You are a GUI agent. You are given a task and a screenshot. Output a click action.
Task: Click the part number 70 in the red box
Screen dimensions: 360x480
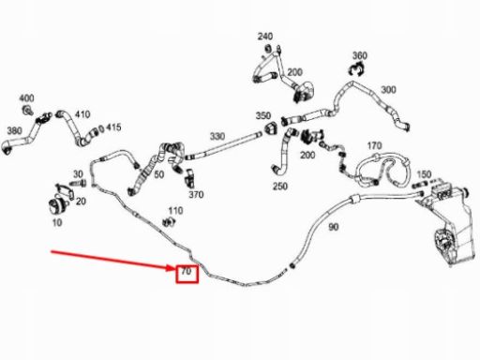186,273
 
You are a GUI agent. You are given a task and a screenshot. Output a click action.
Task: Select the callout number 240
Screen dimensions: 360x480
265,37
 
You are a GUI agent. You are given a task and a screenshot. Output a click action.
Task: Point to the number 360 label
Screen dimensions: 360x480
359,55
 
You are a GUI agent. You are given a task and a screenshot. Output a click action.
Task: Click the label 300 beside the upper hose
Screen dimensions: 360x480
388,90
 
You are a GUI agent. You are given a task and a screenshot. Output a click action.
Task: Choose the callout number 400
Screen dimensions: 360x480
25,98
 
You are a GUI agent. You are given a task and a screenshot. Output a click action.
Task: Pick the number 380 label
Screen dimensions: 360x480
13,130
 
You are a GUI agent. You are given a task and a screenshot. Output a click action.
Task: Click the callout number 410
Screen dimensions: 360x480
82,114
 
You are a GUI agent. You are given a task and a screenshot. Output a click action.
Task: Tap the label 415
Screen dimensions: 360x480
112,127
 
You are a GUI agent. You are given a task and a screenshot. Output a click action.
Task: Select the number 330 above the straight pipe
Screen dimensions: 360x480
217,137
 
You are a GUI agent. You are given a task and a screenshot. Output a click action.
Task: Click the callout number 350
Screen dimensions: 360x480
263,116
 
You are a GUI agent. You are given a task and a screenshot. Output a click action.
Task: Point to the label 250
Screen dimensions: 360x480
279,187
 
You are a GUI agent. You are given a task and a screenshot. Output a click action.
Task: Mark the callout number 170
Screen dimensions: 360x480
374,146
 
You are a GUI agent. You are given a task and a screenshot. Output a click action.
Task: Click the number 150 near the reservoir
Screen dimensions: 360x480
424,174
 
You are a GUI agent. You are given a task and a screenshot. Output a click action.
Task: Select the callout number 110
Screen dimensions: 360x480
175,211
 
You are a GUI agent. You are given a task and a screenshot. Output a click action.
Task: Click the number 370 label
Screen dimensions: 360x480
196,195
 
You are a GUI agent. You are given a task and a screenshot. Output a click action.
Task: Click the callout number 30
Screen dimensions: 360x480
78,174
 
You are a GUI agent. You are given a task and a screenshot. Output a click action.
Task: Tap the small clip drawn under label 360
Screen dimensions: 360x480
358,69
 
